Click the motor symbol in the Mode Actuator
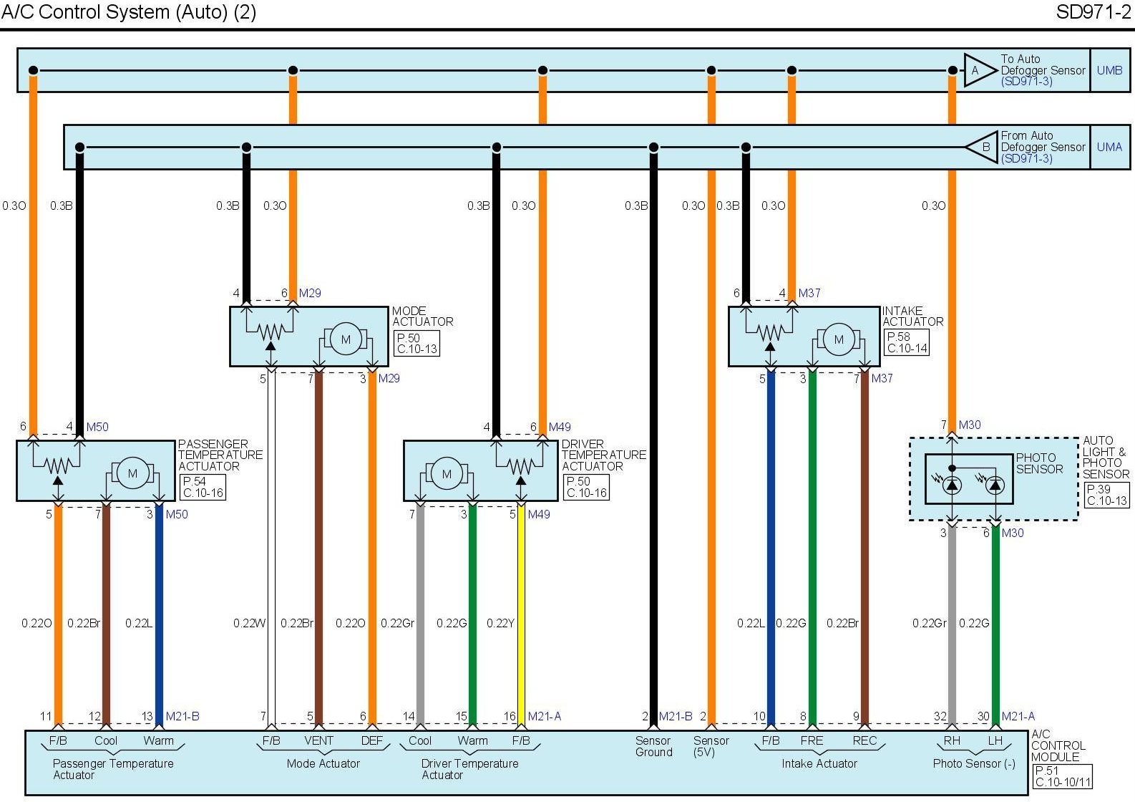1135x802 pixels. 346,339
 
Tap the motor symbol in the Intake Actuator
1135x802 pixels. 839,339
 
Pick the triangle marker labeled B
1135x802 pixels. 982,147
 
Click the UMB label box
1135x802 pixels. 1109,70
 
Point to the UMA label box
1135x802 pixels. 1109,147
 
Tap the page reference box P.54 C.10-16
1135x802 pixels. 203,487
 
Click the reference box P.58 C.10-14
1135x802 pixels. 907,342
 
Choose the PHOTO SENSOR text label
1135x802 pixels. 1039,463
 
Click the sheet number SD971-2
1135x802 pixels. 1093,12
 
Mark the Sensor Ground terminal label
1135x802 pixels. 653,746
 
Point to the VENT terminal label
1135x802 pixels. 318,740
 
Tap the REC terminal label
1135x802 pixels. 864,740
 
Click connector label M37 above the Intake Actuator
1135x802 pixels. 809,293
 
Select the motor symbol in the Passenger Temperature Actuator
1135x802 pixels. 132,473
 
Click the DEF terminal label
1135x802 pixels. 371,740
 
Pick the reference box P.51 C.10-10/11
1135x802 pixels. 1063,776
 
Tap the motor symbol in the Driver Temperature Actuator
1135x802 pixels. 447,473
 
